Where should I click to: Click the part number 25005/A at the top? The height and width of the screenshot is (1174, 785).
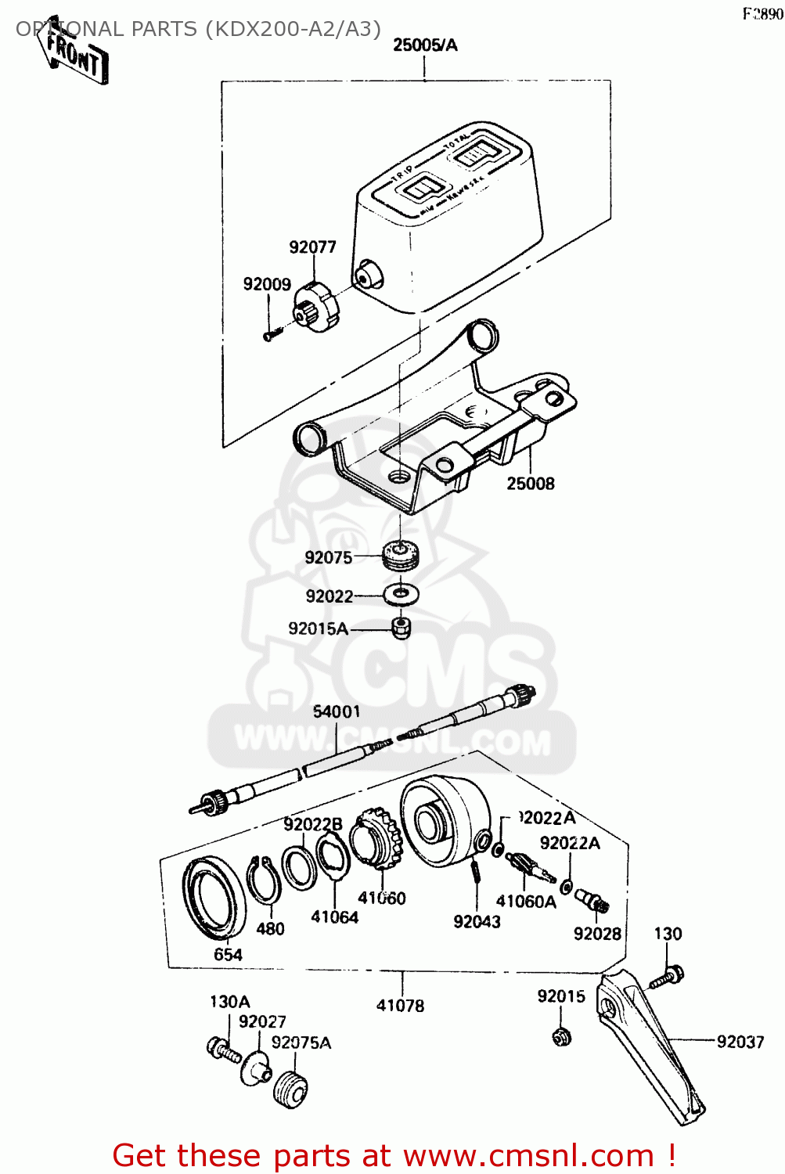[x=425, y=45]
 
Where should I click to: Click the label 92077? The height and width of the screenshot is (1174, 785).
[x=312, y=247]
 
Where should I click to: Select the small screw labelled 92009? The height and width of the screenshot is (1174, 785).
[x=270, y=335]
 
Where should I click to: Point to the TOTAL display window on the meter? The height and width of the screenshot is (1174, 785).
[x=475, y=153]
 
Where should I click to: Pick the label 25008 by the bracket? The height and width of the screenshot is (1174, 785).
[x=530, y=484]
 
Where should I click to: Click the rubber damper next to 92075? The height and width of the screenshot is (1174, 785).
[x=402, y=556]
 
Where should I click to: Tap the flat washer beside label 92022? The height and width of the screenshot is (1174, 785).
[x=401, y=594]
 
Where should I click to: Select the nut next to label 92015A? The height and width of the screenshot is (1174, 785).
[x=402, y=627]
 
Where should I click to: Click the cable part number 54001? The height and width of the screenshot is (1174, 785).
[x=337, y=711]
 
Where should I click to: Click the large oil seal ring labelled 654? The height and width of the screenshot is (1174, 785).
[x=214, y=897]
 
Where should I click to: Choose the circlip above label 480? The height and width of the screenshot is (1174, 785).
[x=264, y=880]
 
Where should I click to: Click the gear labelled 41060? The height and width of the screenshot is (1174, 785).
[x=376, y=841]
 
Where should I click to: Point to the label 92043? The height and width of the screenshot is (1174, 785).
[x=477, y=922]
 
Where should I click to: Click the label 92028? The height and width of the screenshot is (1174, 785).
[x=597, y=934]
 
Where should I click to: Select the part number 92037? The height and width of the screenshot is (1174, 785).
[x=740, y=1041]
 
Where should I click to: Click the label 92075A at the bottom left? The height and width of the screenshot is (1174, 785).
[x=301, y=1043]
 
